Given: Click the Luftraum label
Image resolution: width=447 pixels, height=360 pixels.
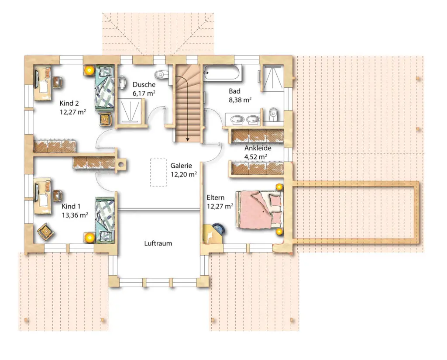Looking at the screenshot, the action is [158, 243].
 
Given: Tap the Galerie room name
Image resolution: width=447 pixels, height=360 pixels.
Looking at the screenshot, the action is [181, 166].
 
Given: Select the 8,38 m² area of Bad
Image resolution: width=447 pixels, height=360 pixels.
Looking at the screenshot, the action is [240, 100].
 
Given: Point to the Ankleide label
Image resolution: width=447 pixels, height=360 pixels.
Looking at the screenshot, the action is [258, 148].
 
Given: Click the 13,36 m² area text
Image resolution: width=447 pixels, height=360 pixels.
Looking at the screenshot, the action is [75, 215].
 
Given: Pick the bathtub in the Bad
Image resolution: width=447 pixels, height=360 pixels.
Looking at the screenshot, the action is [223, 73].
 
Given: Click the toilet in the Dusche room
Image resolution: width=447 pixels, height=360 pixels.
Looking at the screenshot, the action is [162, 75].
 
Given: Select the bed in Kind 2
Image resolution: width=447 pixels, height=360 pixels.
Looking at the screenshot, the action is [105, 87].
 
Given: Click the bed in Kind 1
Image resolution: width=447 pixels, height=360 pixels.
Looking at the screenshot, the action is [105, 220].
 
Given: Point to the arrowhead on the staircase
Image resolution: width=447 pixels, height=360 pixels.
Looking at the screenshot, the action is [187, 139].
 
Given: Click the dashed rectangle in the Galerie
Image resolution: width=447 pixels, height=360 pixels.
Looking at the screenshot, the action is [158, 173].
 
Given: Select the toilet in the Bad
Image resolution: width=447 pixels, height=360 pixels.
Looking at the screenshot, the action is [273, 114].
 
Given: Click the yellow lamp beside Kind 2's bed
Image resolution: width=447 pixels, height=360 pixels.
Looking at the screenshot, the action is [89, 70].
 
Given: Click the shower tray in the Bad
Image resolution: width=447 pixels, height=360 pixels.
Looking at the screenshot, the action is [272, 78].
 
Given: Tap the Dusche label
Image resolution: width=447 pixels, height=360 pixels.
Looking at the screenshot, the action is [144, 85].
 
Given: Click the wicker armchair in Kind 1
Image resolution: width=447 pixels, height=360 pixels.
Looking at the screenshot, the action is [45, 231].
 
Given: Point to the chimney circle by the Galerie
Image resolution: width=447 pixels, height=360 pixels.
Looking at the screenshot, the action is [121, 164].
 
